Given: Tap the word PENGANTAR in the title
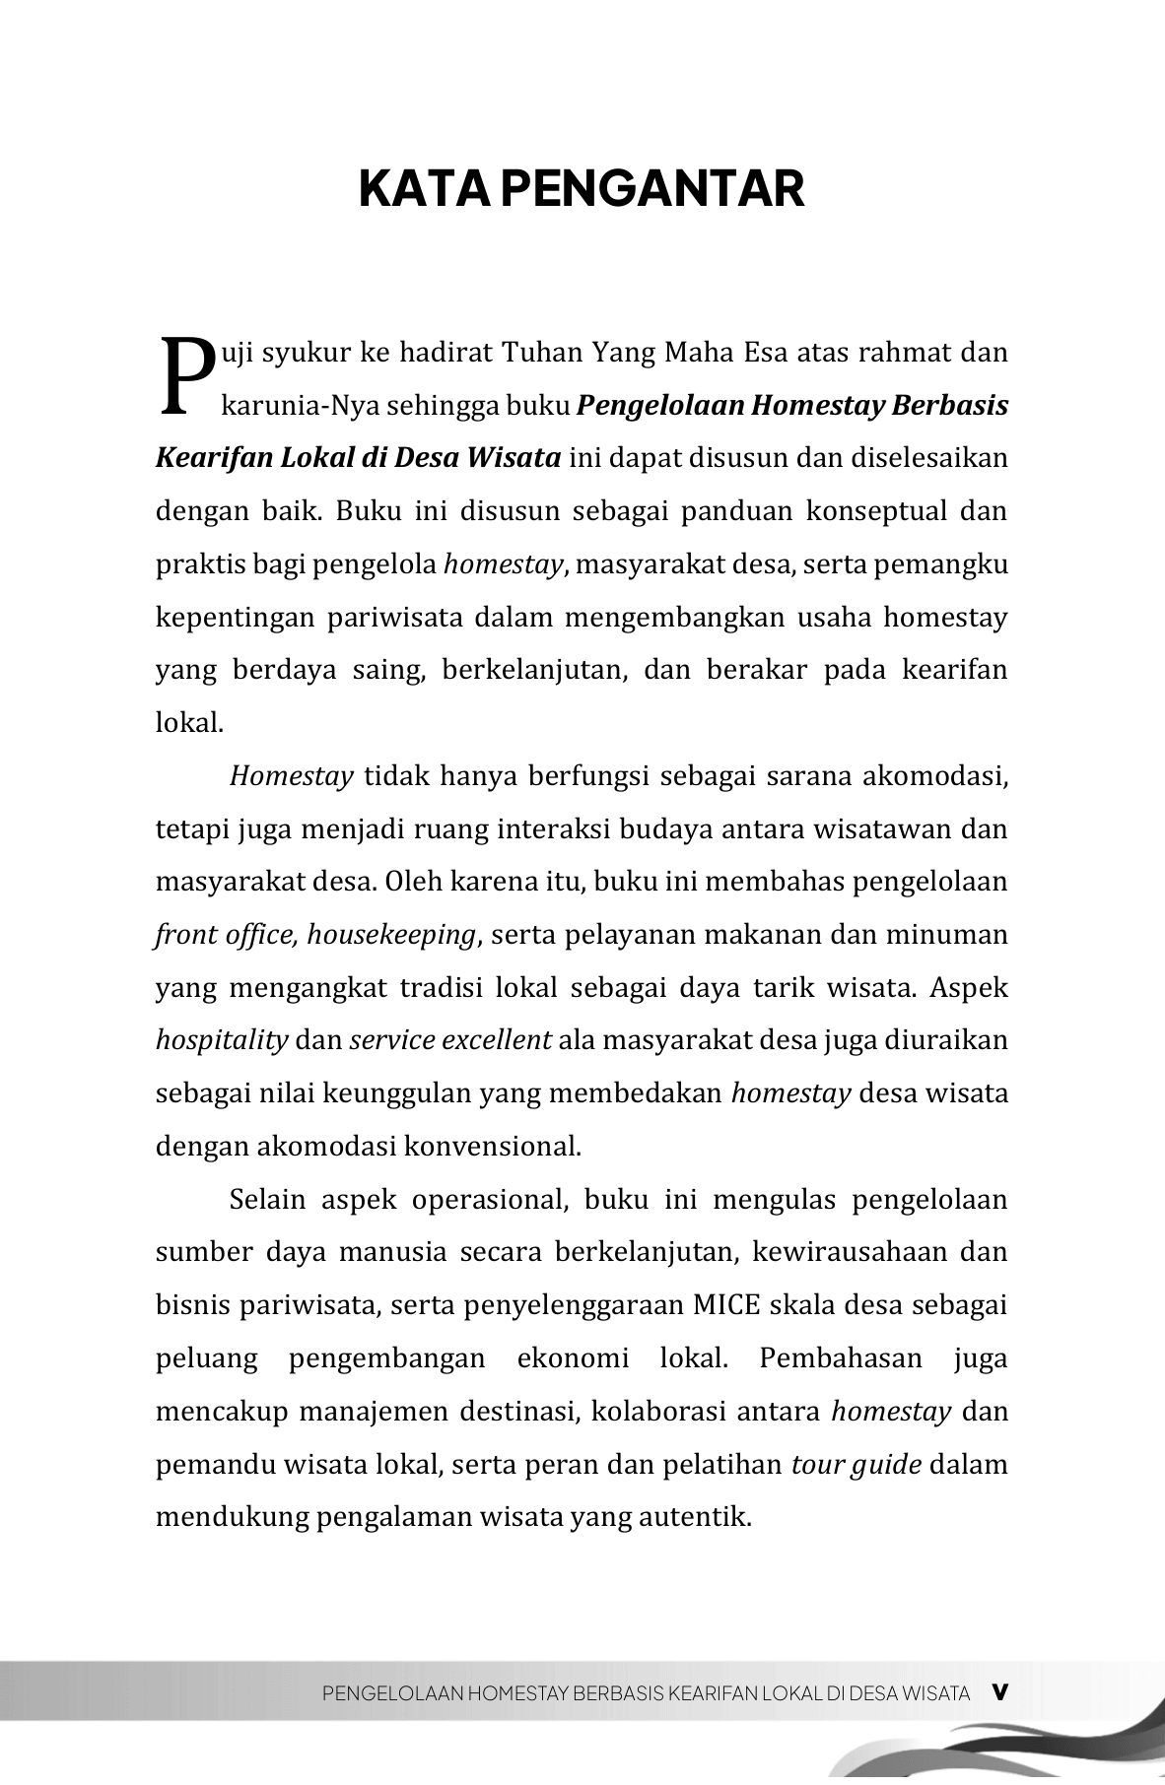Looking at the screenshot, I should [652, 189].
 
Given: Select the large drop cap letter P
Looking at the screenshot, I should [185, 376].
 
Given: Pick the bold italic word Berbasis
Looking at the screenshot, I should [949, 406].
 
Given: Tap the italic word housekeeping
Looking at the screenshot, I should [391, 935].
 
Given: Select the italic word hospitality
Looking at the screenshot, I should [222, 1040].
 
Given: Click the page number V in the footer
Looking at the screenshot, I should [999, 1692].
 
